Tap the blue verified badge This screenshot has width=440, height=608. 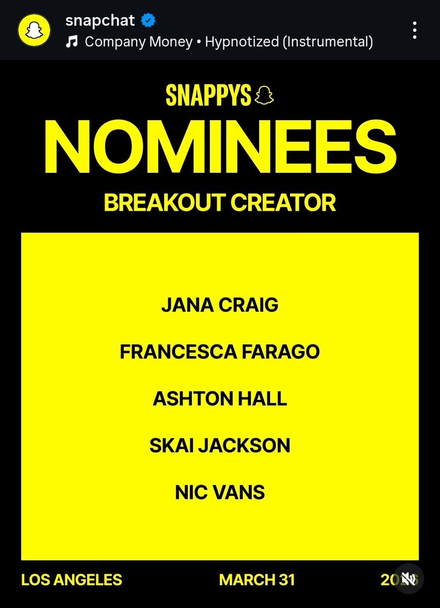(148, 21)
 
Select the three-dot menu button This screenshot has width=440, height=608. (415, 30)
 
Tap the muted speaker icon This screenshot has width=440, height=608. (409, 579)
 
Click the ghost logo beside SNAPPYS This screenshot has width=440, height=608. (265, 95)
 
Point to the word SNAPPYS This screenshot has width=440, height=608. (209, 95)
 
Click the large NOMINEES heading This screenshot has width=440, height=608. (220, 147)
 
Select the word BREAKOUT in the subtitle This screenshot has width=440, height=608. (163, 202)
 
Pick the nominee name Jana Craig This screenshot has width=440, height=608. (220, 306)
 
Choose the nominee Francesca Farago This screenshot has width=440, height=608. (220, 352)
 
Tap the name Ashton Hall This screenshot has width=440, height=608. (220, 399)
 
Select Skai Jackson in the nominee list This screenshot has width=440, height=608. (220, 445)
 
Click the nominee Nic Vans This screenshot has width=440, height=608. (220, 492)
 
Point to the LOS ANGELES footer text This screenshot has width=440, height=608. (71, 580)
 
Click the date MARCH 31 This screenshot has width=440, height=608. (257, 580)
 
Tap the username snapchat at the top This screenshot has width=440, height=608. (100, 21)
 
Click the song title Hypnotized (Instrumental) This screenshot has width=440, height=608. (289, 42)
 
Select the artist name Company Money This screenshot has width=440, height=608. (138, 42)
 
